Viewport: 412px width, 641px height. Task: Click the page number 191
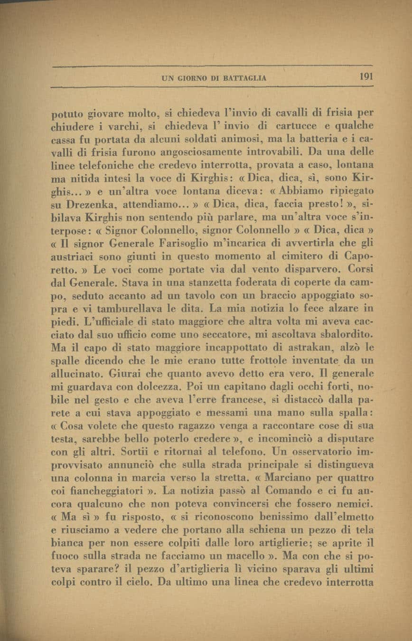coord(366,76)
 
